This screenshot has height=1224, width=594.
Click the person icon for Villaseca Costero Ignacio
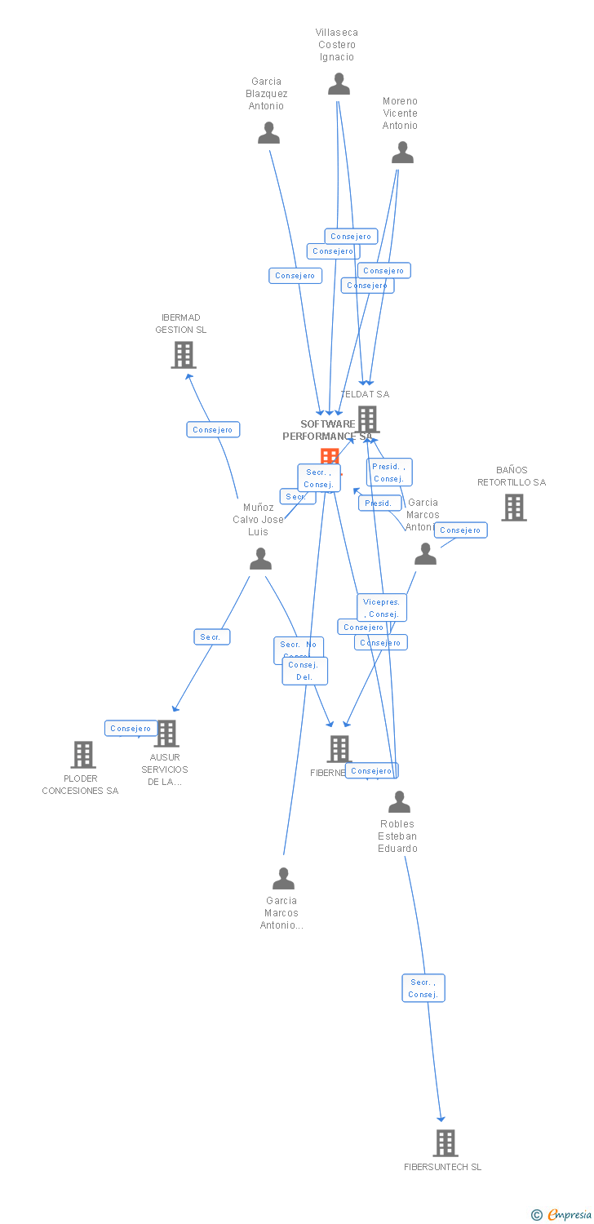339,84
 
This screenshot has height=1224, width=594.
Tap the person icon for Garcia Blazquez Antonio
268,133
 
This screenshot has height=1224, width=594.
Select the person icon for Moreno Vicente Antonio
402,153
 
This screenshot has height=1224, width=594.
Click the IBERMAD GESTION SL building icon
184,355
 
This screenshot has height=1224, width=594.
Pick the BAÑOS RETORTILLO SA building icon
513,508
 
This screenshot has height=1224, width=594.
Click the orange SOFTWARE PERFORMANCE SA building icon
330,457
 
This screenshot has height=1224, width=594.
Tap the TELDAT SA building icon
367,419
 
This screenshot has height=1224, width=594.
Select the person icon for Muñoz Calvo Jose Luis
260,559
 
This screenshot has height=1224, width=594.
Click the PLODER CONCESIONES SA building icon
83,755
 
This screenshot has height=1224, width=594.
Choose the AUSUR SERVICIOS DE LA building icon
166,734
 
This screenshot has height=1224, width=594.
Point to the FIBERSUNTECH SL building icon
445,1143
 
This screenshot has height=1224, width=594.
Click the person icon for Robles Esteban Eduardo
399,802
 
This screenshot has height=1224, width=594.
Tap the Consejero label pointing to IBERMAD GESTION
213,429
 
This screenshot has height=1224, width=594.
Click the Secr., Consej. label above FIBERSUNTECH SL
423,988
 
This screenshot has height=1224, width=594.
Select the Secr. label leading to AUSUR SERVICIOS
211,636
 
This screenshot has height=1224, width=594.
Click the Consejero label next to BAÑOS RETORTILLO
460,530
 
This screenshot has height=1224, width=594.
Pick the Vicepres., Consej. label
381,608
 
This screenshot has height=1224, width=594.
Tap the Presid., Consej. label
389,472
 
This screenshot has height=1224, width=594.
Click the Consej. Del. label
305,671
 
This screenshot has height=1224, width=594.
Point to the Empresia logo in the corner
562,1214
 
